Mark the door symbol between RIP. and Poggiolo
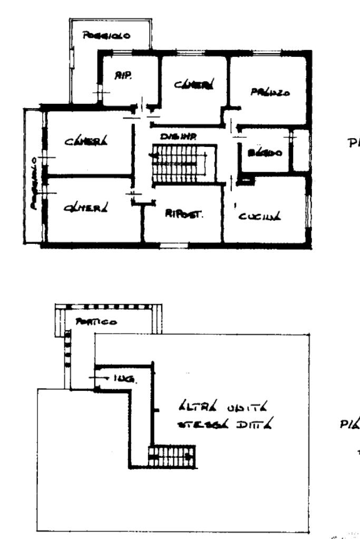pyautogui.click(x=100, y=92)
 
